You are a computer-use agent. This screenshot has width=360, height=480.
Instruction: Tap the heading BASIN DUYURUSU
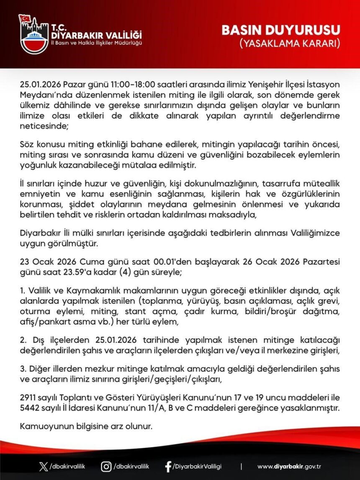point(280,30)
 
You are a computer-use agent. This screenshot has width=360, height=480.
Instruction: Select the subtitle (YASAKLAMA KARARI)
point(289,43)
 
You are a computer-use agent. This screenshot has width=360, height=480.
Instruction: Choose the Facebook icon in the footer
point(168,466)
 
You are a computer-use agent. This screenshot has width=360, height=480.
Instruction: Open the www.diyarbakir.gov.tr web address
point(289,466)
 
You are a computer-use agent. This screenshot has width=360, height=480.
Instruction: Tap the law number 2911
point(29,396)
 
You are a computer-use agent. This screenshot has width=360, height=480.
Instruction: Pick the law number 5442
point(30,406)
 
